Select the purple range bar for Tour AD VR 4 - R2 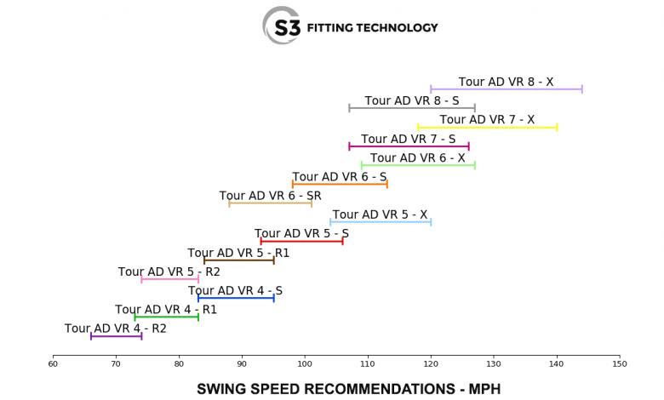(116, 336)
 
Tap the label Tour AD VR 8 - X (506, 83)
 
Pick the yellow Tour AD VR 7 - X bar (488, 127)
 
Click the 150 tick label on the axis (620, 364)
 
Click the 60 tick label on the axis (53, 364)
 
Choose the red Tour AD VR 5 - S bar (301, 241)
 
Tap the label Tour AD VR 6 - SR (270, 196)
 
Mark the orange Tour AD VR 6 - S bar (340, 184)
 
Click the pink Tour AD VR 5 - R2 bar (169, 279)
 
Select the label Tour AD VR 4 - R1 (166, 310)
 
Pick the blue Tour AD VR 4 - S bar (236, 298)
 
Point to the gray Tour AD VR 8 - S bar (412, 108)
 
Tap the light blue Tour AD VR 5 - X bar (381, 222)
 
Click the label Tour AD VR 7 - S (408, 139)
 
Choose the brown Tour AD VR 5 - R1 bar (239, 260)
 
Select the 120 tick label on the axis (431, 364)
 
